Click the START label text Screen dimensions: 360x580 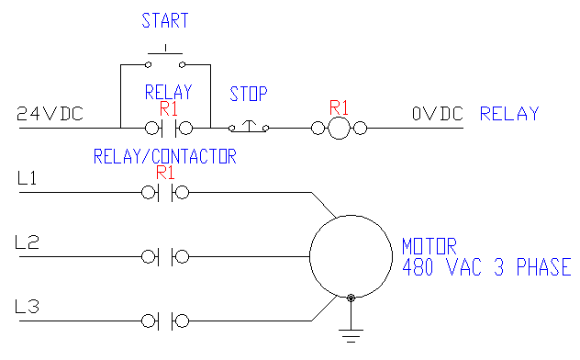(x=166, y=20)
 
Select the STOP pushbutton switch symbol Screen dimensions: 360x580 (x=249, y=128)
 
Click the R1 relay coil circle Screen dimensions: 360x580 (x=340, y=129)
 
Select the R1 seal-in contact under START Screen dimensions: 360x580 (x=166, y=129)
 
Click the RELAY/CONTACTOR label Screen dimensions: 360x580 (x=165, y=156)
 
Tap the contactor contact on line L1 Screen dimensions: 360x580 (x=166, y=193)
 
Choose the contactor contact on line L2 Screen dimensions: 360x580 (x=166, y=256)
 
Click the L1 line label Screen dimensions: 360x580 (x=27, y=179)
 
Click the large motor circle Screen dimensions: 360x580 (x=350, y=256)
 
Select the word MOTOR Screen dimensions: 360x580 (x=429, y=247)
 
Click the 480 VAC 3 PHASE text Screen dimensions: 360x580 (x=486, y=267)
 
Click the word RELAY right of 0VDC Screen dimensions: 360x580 (x=510, y=115)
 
